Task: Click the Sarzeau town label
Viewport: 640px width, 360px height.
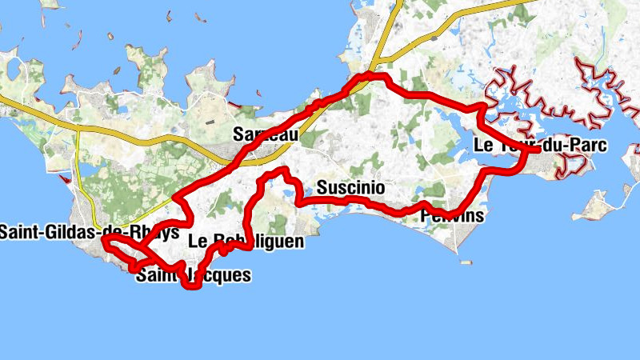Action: (266, 135)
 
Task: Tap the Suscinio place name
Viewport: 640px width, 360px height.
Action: (350, 189)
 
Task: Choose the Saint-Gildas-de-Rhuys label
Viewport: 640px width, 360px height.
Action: (88, 233)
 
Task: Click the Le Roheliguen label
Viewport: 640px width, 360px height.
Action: (246, 241)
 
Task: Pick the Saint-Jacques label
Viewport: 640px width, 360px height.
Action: (194, 276)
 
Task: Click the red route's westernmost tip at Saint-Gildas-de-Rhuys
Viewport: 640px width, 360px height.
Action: (104, 237)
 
